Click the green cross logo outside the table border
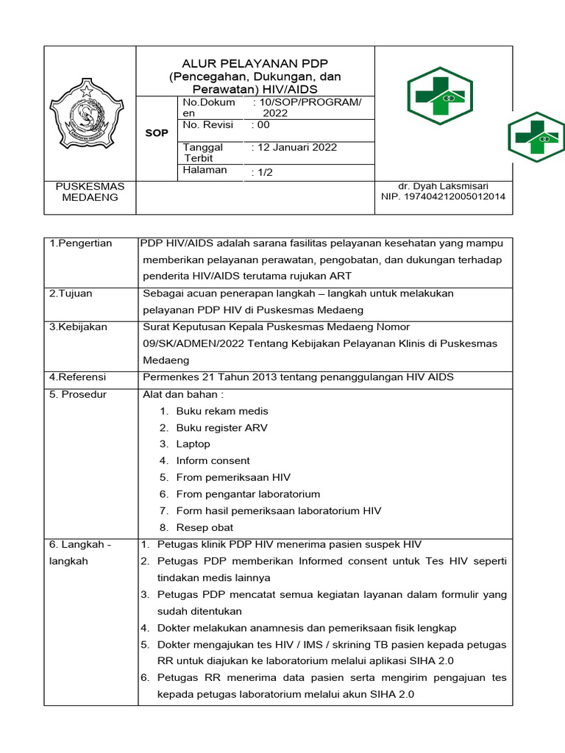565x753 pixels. coord(536,138)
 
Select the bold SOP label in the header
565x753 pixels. coord(156,133)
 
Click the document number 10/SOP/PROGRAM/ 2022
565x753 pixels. coord(308,108)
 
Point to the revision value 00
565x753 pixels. coord(261,125)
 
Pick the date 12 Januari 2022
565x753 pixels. coord(295,147)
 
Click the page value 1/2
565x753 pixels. coord(263,172)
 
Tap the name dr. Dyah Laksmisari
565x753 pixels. coord(443,186)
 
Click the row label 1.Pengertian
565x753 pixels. coord(81,243)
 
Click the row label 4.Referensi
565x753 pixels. coord(77,377)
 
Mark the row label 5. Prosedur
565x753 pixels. coord(78,395)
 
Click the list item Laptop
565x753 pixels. coord(193,444)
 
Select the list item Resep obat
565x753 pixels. coord(205,527)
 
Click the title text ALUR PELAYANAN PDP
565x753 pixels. coord(255,63)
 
